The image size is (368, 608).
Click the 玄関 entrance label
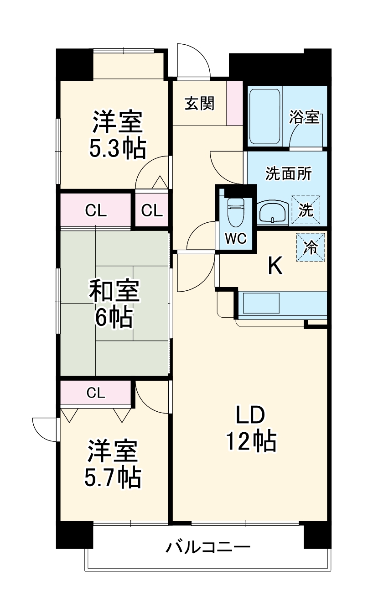(199, 104)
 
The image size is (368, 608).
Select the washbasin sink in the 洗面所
(273, 213)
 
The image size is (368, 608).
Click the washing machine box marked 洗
(306, 210)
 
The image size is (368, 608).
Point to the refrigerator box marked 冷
(311, 248)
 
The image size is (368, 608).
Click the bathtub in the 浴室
(264, 116)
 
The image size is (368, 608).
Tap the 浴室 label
(304, 117)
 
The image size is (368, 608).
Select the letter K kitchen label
(275, 266)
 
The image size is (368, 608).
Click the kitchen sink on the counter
(261, 303)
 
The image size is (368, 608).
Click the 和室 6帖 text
(114, 304)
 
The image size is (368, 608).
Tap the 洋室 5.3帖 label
(118, 135)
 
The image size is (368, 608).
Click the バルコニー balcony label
(207, 547)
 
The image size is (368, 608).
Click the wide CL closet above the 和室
(96, 210)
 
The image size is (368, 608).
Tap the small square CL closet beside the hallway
(151, 210)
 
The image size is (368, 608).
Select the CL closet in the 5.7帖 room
(96, 393)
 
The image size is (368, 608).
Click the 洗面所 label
(288, 174)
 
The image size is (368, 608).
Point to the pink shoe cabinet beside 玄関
(235, 103)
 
